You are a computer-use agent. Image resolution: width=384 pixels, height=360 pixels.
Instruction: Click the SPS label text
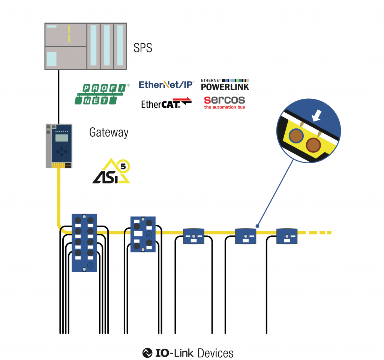[x=143, y=48]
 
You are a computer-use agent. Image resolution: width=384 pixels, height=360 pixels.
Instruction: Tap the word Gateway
[x=109, y=133]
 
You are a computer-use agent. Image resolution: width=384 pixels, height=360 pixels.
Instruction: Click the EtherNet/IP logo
[x=166, y=85]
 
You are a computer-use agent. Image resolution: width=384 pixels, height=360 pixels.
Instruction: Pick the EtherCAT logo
[x=166, y=103]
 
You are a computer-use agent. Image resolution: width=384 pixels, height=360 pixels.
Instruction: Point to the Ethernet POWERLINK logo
[x=225, y=85]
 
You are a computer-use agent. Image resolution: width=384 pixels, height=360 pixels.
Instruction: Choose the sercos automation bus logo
[x=224, y=102]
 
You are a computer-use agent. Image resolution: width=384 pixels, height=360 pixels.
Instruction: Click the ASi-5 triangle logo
[x=111, y=172]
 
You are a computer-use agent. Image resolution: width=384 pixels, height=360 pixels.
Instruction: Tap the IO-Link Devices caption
[x=188, y=353]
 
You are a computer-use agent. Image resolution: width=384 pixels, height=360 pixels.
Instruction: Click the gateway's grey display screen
[x=61, y=138]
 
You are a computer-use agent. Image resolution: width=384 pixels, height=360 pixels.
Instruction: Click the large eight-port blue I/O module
[x=84, y=243]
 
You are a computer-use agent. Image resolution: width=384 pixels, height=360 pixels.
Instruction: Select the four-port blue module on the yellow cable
[x=143, y=234]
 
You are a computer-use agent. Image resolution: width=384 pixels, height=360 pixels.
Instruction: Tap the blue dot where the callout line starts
[x=257, y=226]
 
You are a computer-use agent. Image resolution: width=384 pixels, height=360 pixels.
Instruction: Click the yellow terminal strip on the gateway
[x=58, y=165]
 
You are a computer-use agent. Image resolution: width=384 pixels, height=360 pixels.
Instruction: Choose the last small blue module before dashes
[x=287, y=236]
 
